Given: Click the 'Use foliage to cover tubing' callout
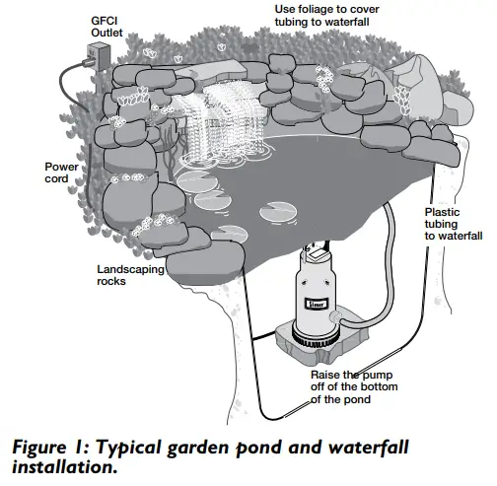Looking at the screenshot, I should (334, 17).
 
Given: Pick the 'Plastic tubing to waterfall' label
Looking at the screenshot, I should (453, 224).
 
